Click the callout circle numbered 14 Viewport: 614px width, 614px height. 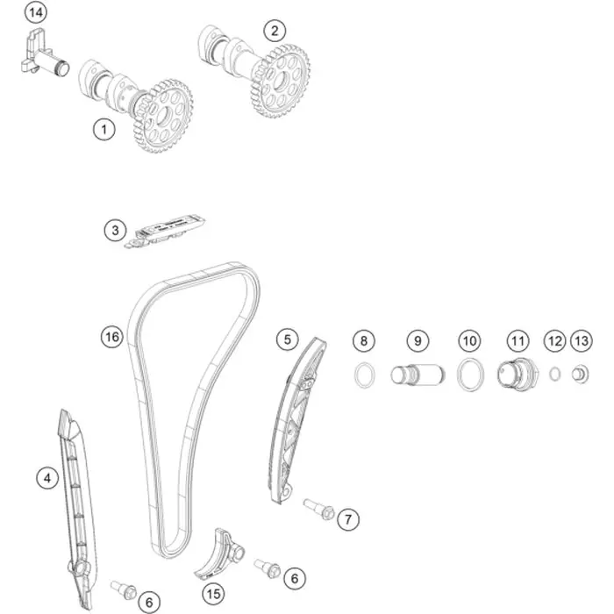tap(36, 12)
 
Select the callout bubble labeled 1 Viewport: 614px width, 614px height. tap(104, 130)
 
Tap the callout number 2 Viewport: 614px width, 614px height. tap(275, 31)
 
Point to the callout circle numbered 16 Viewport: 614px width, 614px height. tap(112, 337)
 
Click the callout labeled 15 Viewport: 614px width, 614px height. tap(213, 594)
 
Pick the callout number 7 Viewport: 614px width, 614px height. tap(347, 519)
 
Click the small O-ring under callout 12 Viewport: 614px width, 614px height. tap(554, 374)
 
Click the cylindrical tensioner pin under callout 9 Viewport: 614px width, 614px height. tap(418, 375)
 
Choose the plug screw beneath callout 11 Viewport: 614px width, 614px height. tap(518, 374)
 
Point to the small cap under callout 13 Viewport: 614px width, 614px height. tap(580, 374)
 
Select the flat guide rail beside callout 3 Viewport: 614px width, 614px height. tap(165, 231)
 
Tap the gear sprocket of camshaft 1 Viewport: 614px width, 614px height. tap(162, 117)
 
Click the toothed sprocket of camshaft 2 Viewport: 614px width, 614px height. tap(281, 81)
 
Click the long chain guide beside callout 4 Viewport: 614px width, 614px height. tap(78, 509)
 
